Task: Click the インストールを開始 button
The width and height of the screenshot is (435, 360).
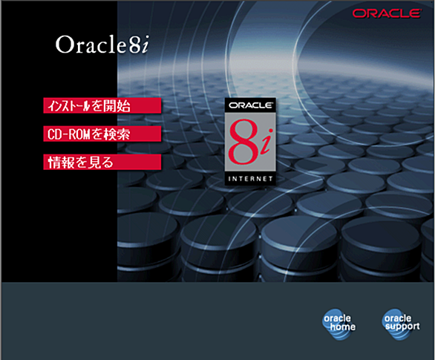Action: (x=102, y=105)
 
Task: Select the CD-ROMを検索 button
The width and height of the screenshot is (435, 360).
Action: (x=102, y=134)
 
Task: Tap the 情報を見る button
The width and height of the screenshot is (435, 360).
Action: (x=102, y=163)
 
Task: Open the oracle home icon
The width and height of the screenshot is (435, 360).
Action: (x=339, y=324)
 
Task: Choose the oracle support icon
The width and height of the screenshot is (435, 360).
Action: (x=401, y=324)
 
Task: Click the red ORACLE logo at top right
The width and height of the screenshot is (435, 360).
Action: (x=387, y=13)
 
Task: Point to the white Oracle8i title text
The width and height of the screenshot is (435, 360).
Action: (x=102, y=44)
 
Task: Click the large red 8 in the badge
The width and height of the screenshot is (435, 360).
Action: (x=243, y=142)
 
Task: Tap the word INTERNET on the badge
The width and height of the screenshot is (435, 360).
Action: (x=250, y=179)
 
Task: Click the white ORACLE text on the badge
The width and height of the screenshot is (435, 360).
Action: (x=250, y=105)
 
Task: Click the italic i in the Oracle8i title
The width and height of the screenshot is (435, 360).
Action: (x=144, y=44)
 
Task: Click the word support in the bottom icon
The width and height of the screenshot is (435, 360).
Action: (x=402, y=327)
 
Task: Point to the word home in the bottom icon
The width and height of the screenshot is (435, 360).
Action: (x=343, y=327)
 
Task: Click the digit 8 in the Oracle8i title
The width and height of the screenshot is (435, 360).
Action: (x=134, y=45)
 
